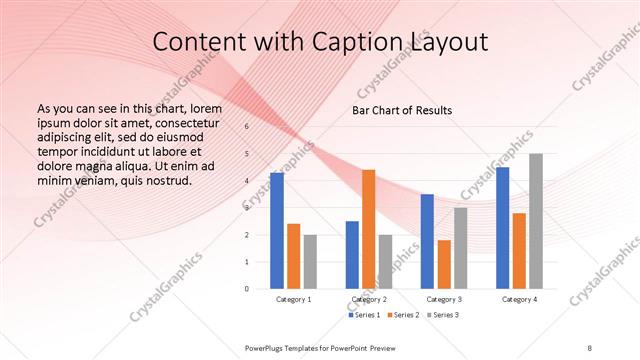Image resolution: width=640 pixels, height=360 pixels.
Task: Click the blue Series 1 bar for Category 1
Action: click(277, 231)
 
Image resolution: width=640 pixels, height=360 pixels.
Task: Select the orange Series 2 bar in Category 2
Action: click(368, 229)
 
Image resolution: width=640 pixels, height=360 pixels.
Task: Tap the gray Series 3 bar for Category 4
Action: click(536, 221)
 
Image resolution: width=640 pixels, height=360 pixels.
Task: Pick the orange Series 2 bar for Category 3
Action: click(444, 264)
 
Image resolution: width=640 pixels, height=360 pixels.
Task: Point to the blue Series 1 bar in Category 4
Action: click(503, 228)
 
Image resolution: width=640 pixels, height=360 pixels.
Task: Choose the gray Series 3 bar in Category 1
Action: click(310, 262)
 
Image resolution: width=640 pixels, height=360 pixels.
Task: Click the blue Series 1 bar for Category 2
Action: click(352, 255)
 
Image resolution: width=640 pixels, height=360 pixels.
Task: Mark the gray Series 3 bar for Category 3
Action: click(460, 248)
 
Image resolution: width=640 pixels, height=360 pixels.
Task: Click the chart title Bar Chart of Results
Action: click(402, 110)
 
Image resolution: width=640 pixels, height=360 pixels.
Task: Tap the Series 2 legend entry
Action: click(403, 316)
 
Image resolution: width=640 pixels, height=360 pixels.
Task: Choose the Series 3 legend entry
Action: click(443, 316)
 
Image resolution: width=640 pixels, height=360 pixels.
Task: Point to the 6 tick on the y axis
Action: click(247, 127)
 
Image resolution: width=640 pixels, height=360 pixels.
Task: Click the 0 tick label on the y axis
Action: click(247, 289)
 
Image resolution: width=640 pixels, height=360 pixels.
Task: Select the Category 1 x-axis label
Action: click(294, 300)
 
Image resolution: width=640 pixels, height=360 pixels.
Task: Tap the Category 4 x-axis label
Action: click(519, 300)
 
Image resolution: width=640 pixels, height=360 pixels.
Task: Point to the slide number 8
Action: click(589, 347)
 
